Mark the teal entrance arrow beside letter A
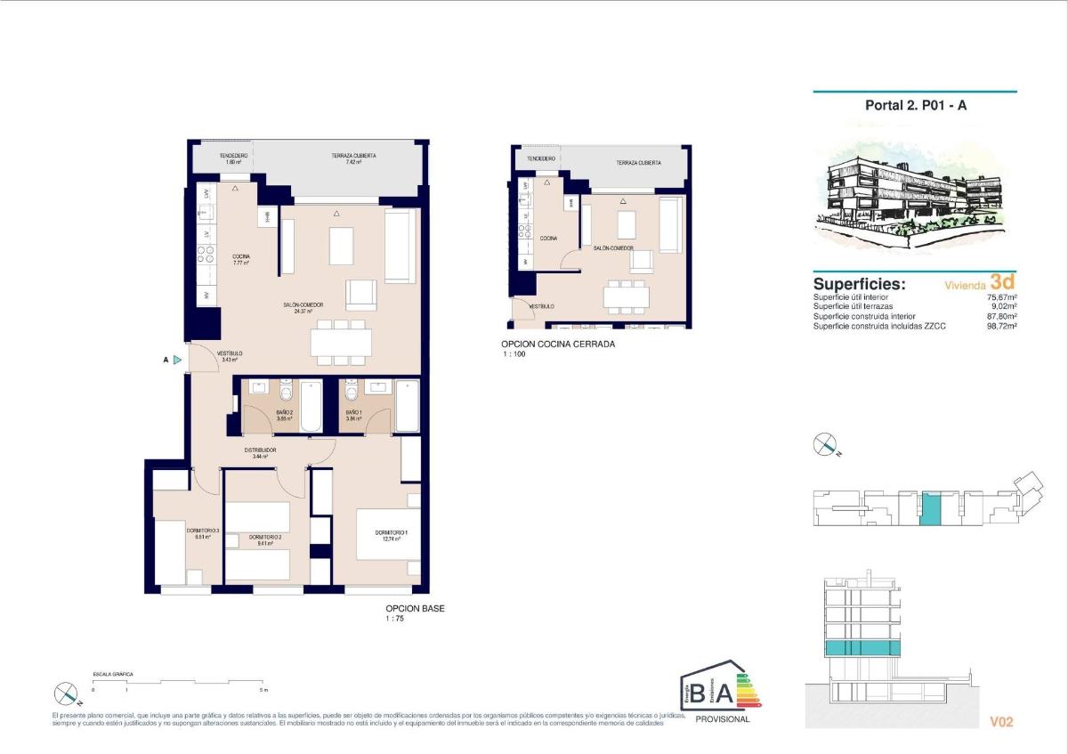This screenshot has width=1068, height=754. point(178,360)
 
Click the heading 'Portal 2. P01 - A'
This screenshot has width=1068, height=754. point(914,105)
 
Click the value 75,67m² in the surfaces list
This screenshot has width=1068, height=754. point(1002,297)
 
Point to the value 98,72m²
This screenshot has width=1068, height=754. point(1002,327)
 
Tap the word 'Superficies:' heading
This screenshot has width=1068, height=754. point(859,284)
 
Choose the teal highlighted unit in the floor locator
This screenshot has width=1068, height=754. point(929,508)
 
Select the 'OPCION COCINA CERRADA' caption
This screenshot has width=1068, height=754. point(557,344)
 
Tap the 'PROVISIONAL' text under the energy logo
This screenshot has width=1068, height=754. point(722,719)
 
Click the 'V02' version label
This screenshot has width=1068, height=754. point(1001,722)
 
